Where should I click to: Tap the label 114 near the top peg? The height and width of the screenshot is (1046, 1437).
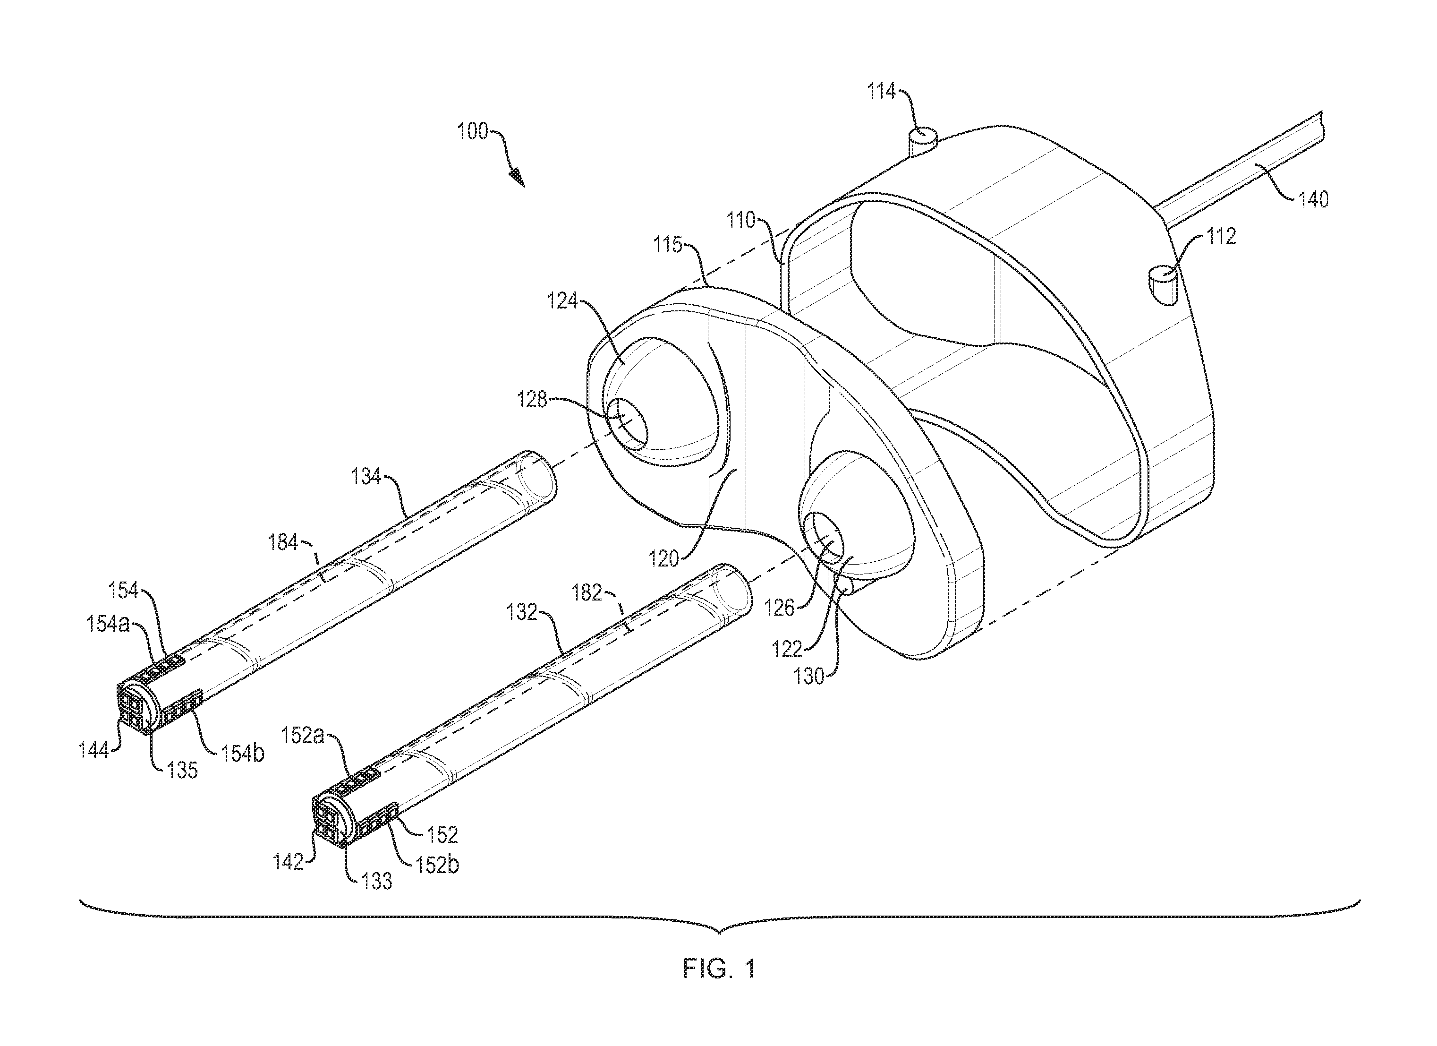point(881,92)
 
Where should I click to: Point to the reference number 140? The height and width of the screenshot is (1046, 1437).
point(1313,200)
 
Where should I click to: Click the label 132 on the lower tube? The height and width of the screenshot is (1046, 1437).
point(522,612)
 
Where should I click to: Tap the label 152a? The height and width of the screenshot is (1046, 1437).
point(302,736)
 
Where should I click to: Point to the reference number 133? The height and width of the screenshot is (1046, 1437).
point(376,881)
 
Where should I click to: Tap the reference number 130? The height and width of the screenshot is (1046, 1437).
point(809,677)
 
